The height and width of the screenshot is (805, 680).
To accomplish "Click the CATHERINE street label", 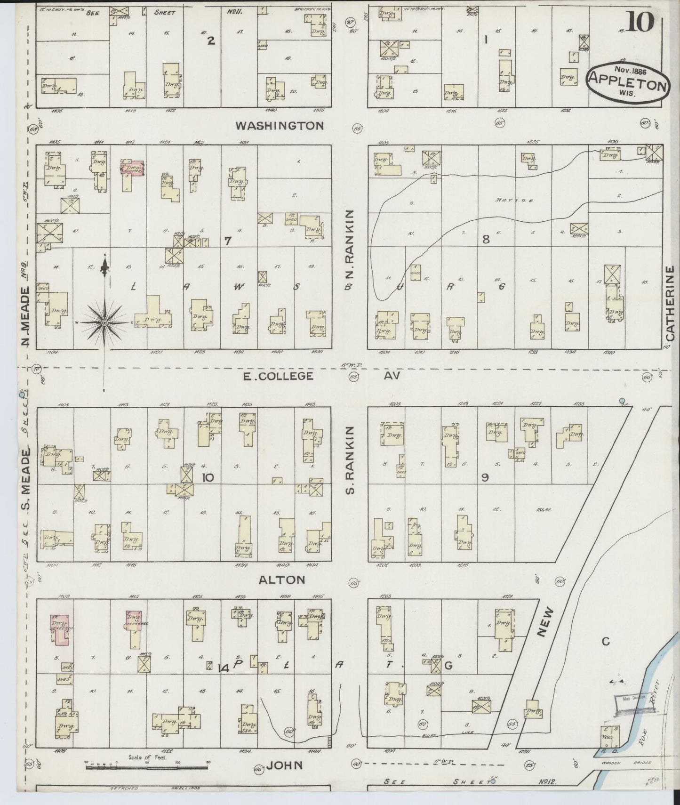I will (671, 303).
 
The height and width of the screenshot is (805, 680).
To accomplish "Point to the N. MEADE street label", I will (26, 316).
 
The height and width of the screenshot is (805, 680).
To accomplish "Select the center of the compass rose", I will (104, 322).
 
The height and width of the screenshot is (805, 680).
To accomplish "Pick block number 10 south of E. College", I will (208, 478).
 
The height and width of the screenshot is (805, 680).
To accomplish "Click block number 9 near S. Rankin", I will (485, 477).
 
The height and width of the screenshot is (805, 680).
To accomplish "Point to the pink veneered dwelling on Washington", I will (133, 169).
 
